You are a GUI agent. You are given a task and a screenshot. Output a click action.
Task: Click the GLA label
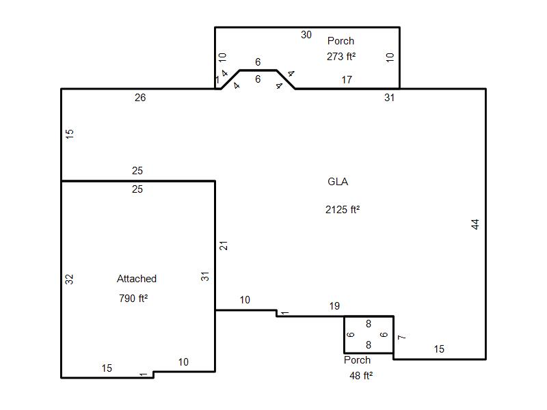pos(338,182)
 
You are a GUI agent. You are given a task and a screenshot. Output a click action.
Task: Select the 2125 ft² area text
pos(343,210)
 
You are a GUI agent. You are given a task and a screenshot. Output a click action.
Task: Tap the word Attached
pos(136,279)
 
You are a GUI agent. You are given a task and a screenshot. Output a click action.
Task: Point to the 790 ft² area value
pos(133,299)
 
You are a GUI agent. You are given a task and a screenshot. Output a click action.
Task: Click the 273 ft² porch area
pos(341,57)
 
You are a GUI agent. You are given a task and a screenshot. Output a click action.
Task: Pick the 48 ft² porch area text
pos(361,375)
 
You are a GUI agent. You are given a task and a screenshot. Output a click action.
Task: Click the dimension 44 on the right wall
pos(475,224)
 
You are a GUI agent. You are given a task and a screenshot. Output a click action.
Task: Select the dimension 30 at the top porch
pos(306,35)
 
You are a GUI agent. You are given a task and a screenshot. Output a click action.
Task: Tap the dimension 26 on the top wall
pos(140,98)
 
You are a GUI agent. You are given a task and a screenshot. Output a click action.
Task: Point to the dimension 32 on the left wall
pos(70,279)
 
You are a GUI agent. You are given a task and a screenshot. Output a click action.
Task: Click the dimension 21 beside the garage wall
pos(224,245)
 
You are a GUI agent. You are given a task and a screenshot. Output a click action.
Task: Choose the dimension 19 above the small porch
pos(334,306)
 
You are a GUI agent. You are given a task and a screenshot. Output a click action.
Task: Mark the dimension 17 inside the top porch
pos(347,80)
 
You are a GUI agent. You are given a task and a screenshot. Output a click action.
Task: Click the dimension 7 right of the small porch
pos(402,337)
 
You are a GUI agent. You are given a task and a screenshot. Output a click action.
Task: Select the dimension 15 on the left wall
pos(70,134)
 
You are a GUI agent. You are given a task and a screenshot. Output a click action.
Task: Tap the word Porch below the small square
pos(357,360)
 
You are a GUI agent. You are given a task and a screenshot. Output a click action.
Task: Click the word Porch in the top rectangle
pos(341,41)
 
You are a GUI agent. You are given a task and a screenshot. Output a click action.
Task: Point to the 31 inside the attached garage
pos(204,277)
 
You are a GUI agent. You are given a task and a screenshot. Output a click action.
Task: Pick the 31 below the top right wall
pos(389,98)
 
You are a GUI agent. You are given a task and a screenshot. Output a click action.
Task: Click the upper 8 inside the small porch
pos(369,324)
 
